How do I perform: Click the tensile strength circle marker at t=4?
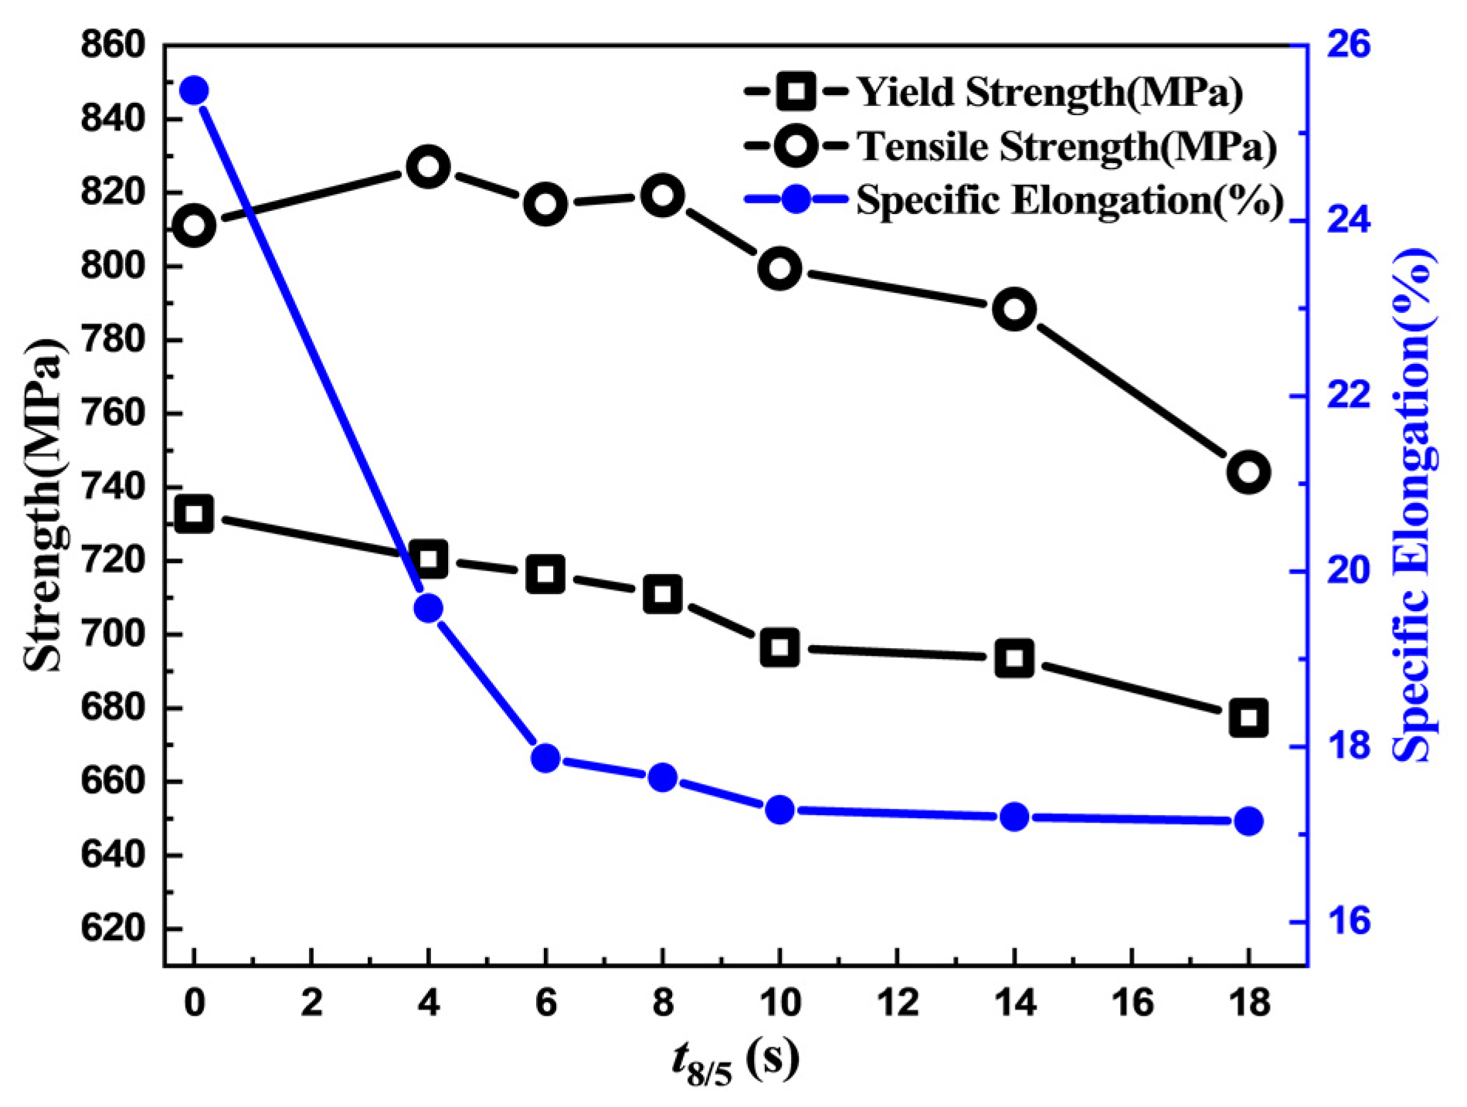[x=428, y=168]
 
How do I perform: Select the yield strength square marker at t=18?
[x=1248, y=717]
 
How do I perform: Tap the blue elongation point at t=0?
[x=194, y=90]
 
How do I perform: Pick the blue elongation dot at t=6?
[x=545, y=758]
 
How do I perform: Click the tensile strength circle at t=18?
[x=1248, y=472]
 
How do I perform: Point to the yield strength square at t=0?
[x=194, y=514]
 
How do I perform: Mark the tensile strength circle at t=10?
[x=779, y=269]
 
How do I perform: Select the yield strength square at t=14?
[x=1014, y=658]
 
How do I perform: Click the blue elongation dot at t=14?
[x=1014, y=817]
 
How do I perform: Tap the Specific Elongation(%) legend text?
[x=1070, y=200]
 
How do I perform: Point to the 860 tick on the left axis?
[x=113, y=45]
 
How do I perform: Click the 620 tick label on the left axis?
[x=113, y=928]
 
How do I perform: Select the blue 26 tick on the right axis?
[x=1349, y=45]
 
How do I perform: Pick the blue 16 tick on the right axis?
[x=1349, y=922]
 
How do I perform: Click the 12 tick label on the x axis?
[x=898, y=1003]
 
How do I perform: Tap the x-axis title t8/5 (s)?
[x=734, y=1063]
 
